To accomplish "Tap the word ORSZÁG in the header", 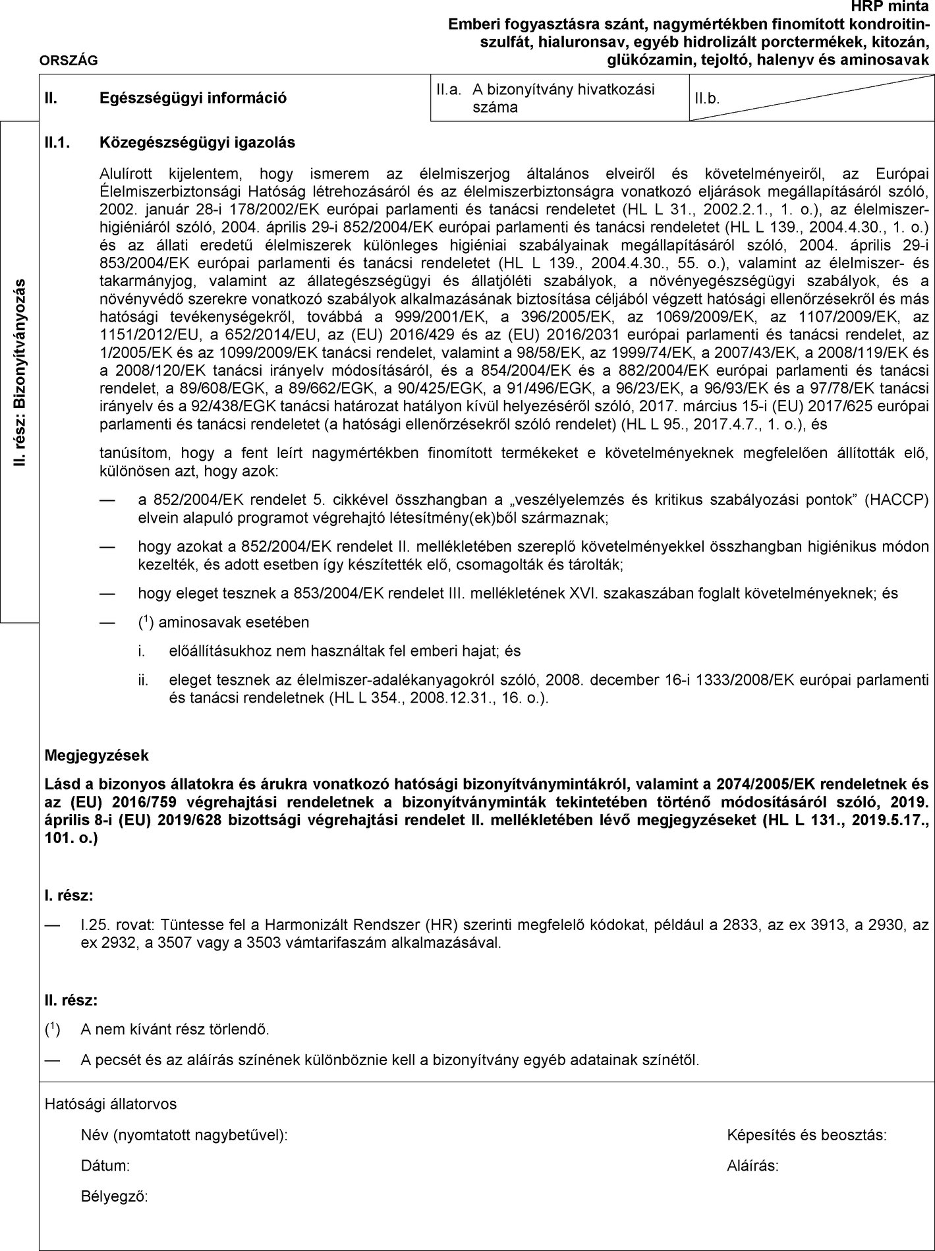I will click(x=69, y=61).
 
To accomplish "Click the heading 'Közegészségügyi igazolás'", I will click(x=197, y=142).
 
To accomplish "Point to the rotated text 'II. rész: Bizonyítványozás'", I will click(x=20, y=372).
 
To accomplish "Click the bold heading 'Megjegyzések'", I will click(x=96, y=755).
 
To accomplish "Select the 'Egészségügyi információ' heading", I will click(x=193, y=98).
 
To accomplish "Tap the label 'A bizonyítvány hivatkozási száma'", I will click(x=563, y=98).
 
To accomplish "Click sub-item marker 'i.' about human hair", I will click(x=141, y=651).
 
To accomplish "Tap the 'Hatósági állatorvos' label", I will click(x=111, y=1103).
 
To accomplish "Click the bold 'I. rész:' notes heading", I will click(x=69, y=896).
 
